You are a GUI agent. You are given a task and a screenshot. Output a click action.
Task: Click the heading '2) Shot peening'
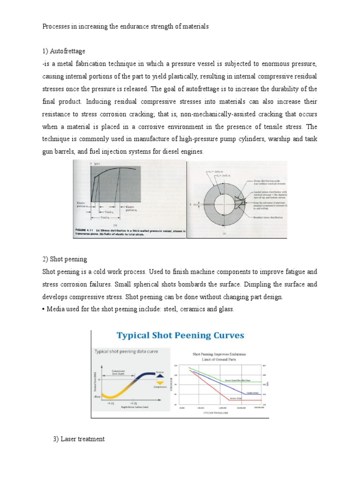click(65, 259)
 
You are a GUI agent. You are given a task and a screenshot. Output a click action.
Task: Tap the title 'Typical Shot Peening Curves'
click(180, 336)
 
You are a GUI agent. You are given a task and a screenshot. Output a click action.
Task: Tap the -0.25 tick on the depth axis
click(111, 403)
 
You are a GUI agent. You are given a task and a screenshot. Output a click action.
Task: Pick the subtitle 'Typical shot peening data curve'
click(126, 351)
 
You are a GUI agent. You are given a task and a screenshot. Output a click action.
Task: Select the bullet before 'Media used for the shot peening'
click(45, 310)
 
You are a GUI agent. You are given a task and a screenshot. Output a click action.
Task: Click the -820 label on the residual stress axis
click(97, 397)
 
